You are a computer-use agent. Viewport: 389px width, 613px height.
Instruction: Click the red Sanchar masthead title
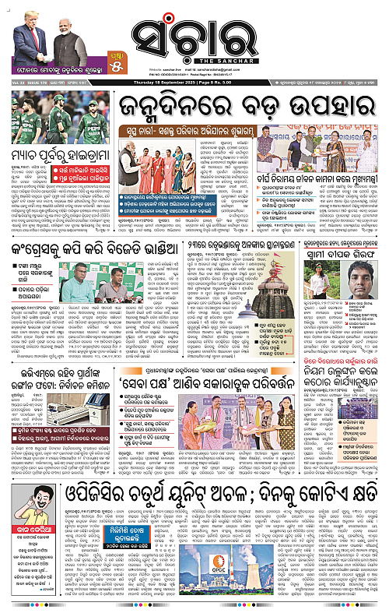pyautogui.click(x=194, y=35)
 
